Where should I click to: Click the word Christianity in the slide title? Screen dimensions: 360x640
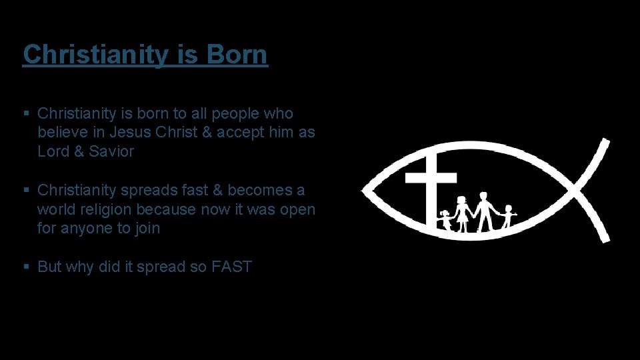[x=95, y=55]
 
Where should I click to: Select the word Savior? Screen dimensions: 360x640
[x=111, y=151]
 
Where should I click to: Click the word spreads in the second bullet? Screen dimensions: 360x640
[x=141, y=191]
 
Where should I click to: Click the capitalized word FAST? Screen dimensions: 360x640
[x=231, y=267]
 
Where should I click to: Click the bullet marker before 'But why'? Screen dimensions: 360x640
[x=26, y=267]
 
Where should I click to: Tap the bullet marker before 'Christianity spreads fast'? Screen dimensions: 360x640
[x=26, y=191]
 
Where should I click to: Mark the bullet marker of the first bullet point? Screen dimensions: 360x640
[x=26, y=114]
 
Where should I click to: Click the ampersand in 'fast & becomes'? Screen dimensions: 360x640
[x=217, y=191]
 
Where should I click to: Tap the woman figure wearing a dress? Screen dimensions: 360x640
[x=461, y=213]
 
